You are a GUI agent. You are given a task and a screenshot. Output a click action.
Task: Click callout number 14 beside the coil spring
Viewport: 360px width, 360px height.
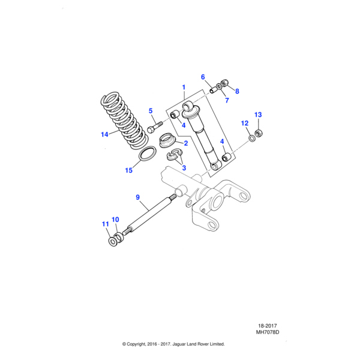click(x=105, y=134)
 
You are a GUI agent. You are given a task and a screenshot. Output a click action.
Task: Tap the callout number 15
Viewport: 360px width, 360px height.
click(x=128, y=170)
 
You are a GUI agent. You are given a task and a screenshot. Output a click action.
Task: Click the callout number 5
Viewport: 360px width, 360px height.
click(x=151, y=110)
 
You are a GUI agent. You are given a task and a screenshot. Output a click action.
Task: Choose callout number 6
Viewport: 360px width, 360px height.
click(x=203, y=77)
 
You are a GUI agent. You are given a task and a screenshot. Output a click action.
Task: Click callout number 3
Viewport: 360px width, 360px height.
click(x=184, y=168)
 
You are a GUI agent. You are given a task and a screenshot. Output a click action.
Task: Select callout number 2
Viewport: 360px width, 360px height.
click(x=186, y=143)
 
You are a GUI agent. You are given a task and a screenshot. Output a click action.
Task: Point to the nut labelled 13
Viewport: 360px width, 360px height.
click(x=260, y=132)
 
